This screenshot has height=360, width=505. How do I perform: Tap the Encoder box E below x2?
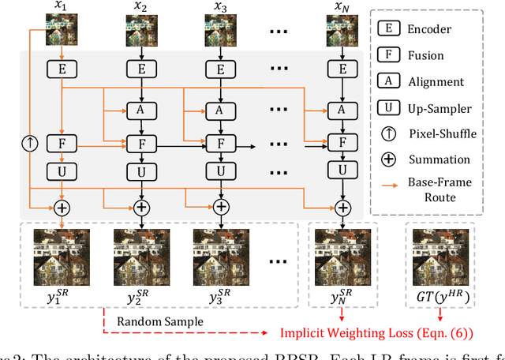pos(142,69)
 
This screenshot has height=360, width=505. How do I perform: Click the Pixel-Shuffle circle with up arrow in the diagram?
pos(30,144)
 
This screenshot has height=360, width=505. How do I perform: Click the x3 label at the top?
pos(221,7)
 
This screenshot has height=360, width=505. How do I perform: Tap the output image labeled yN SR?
pos(342,252)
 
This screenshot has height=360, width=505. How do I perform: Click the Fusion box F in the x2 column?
pos(142,144)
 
